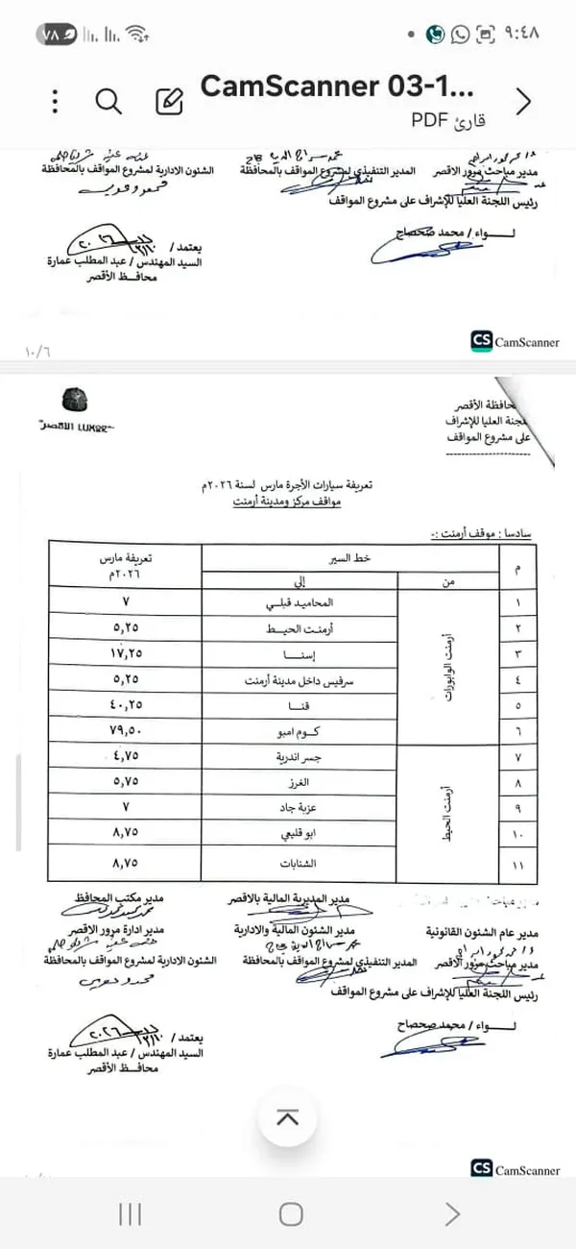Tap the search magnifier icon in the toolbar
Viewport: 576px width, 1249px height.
[109, 102]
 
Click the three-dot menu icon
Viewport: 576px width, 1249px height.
[57, 102]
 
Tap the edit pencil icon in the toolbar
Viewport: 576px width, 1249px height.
[168, 102]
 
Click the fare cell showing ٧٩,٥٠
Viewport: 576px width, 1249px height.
[124, 729]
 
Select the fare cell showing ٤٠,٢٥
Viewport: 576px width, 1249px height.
[124, 704]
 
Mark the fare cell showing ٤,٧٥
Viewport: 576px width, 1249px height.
[124, 758]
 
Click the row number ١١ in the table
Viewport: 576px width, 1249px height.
[519, 865]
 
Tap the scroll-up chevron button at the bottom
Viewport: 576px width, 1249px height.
[287, 1118]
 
